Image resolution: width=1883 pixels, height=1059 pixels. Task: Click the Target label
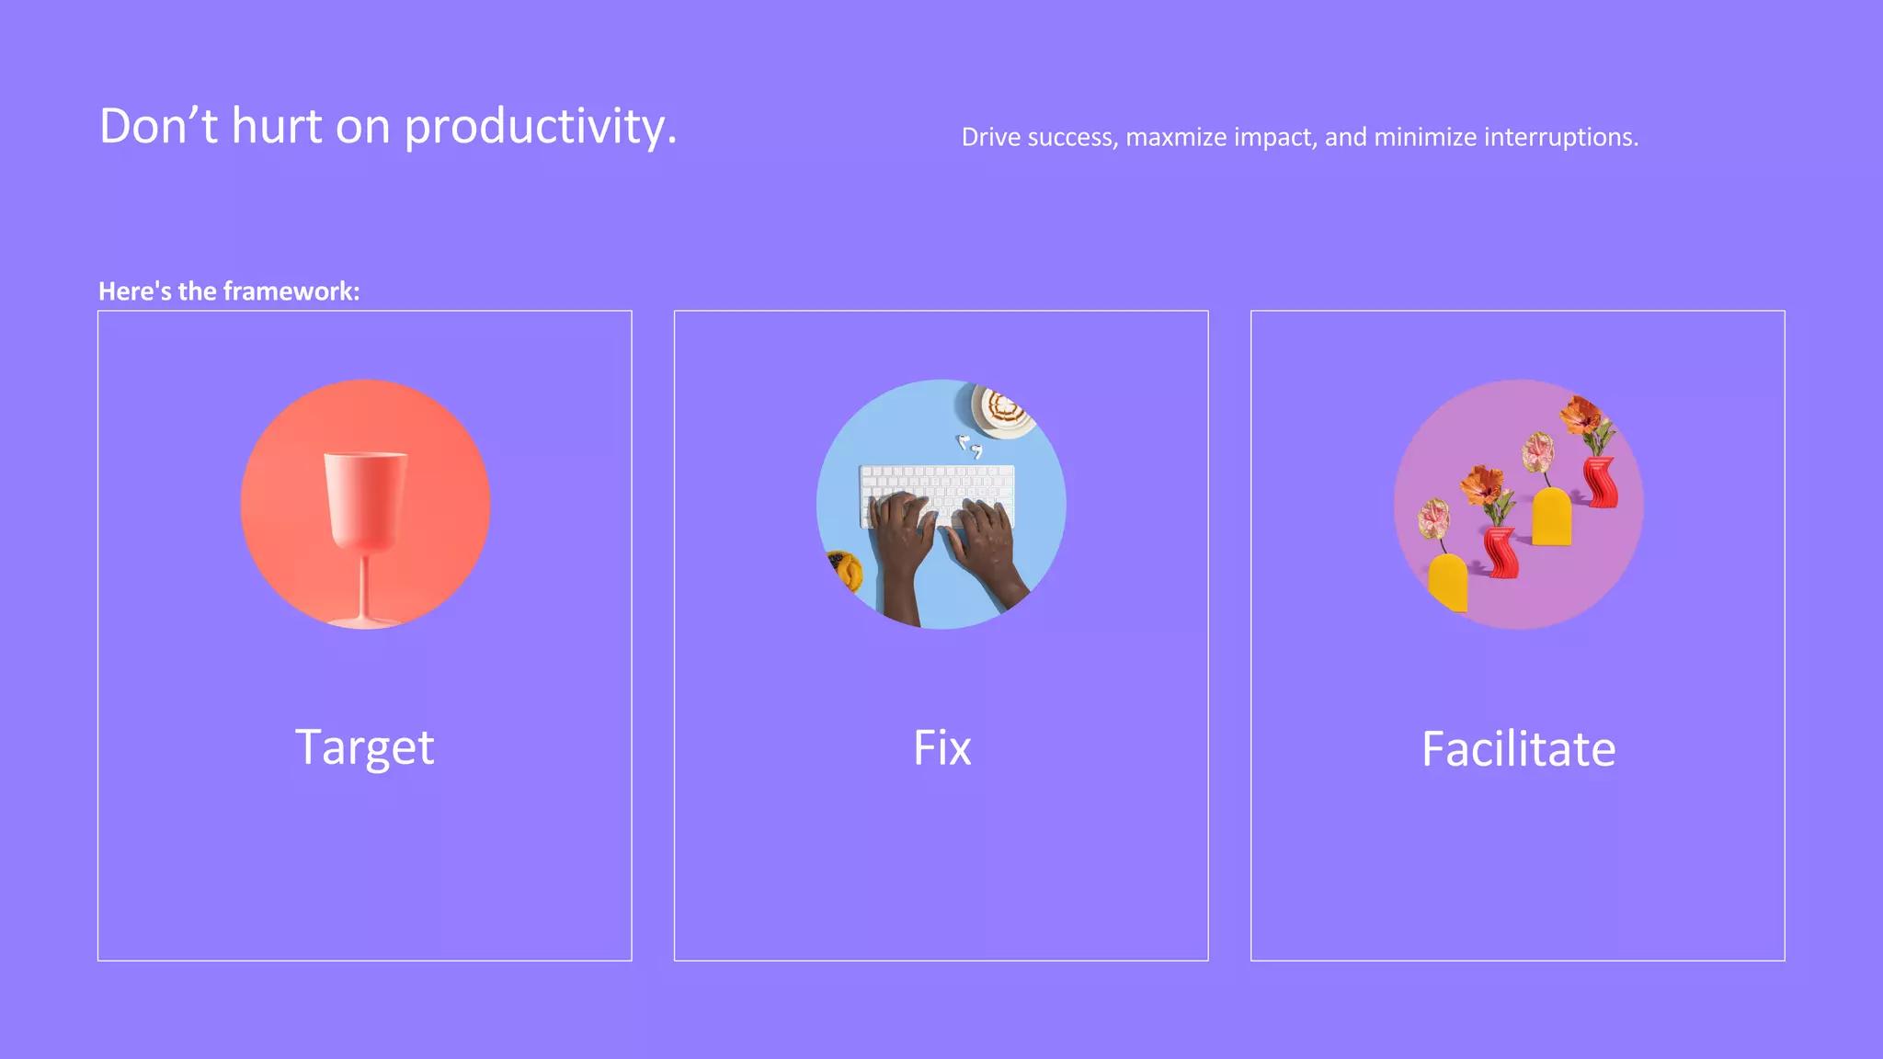364,747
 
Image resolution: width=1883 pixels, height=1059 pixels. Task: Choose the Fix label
941,747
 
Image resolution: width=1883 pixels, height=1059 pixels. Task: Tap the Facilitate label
1518,748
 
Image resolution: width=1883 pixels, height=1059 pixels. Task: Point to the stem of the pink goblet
365,584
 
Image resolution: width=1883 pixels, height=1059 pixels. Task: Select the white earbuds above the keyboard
969,446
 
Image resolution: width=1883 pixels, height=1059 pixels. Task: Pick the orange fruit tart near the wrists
844,570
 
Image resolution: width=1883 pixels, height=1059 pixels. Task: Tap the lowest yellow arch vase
1448,582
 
